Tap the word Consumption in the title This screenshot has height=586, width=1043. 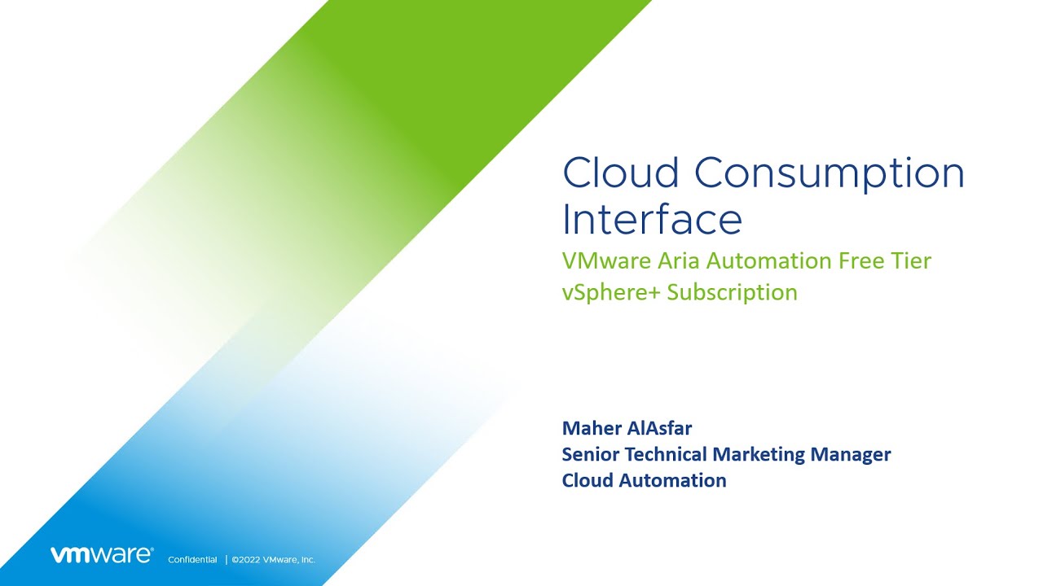click(x=830, y=174)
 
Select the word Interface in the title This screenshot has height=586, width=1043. click(x=652, y=219)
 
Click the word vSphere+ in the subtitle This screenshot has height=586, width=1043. click(x=611, y=292)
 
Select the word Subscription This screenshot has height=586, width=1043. click(x=732, y=292)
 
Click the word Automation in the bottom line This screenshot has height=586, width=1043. click(x=672, y=480)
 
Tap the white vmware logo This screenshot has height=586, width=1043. click(x=101, y=555)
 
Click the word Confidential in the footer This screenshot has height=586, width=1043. click(x=192, y=560)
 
